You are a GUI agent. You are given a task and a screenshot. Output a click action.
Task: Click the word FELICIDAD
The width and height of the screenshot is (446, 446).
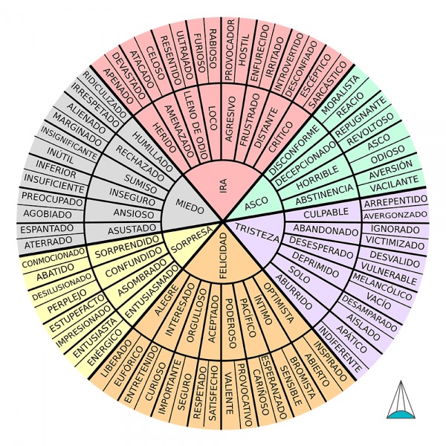223,256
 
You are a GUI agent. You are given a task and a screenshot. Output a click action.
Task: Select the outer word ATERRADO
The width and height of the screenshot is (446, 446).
49,243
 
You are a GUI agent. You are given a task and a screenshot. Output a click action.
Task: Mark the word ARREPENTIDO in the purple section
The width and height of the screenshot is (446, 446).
395,201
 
